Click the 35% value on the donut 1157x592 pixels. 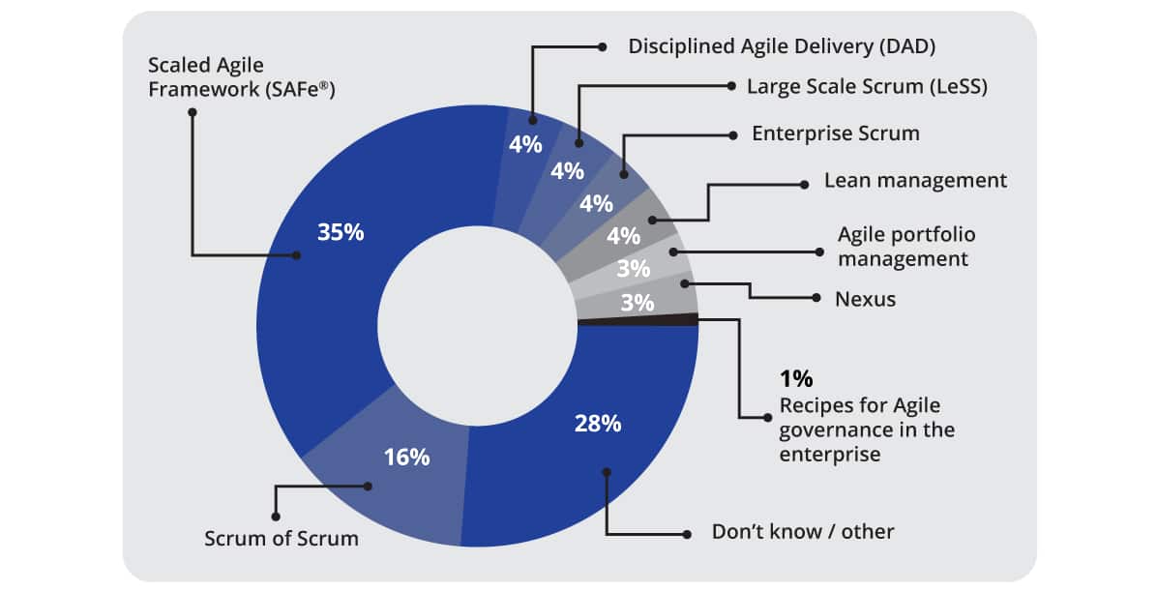point(341,232)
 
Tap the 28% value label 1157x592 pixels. point(598,423)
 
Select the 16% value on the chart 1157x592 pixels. point(406,457)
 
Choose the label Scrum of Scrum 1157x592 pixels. point(281,539)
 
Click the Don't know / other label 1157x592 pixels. point(803,531)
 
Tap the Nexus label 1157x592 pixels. point(865,299)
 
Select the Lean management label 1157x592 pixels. point(915,181)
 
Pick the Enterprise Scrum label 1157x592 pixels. point(835,133)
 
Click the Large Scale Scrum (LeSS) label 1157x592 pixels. point(867,86)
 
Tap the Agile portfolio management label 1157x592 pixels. point(905,247)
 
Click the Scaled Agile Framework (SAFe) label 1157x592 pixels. point(247,77)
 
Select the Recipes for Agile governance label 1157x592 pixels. point(867,429)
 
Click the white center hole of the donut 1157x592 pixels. point(477,323)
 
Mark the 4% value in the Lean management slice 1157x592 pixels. point(624,235)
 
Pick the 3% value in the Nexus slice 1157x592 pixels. point(637,302)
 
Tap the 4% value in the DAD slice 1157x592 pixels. point(525,145)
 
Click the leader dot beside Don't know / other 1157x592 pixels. point(687,533)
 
